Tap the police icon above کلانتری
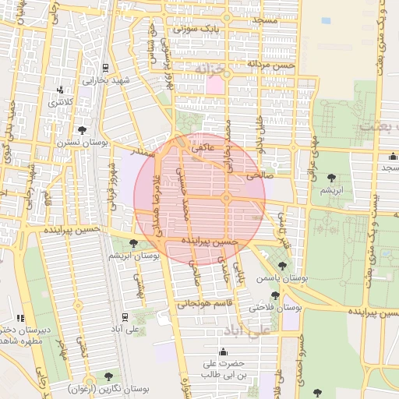(61, 90)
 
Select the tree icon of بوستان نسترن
(83, 130)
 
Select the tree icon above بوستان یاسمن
(282, 266)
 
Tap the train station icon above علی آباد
(124, 316)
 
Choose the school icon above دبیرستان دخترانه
(20, 318)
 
